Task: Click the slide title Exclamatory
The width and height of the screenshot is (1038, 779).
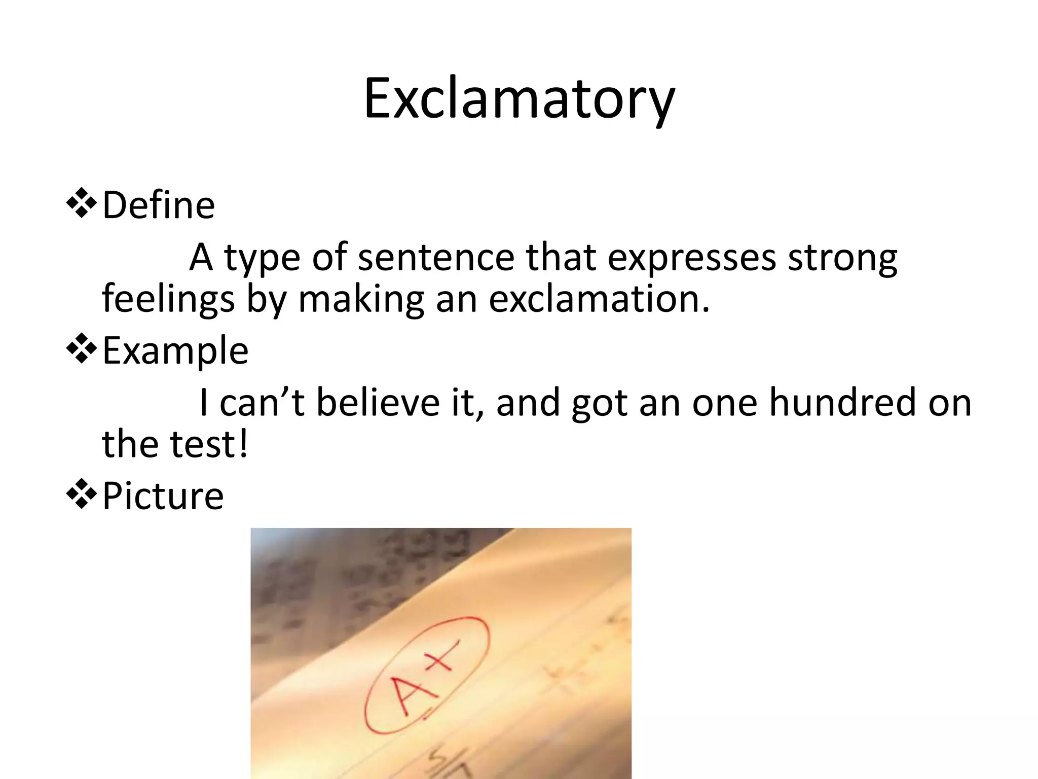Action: click(519, 99)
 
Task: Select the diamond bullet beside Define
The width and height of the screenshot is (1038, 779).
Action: click(81, 204)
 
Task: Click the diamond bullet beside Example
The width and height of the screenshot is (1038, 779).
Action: click(81, 349)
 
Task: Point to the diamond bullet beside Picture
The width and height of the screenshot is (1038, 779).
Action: click(81, 495)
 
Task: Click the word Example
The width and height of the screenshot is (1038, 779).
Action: click(175, 351)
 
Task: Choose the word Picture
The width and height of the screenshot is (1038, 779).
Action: click(163, 495)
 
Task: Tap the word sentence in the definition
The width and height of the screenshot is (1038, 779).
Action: click(436, 257)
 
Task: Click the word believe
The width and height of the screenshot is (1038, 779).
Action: click(378, 402)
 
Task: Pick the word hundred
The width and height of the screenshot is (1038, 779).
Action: click(842, 402)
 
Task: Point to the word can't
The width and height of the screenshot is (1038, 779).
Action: click(262, 402)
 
